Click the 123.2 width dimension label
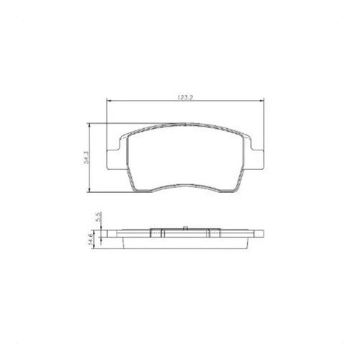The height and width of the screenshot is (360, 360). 185,97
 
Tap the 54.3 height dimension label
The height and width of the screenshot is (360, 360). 86,157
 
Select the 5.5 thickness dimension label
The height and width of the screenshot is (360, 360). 99,217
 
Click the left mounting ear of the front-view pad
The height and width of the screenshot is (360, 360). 113,159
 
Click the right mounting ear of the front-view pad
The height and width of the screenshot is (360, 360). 257,159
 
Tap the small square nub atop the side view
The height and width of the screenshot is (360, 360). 185,228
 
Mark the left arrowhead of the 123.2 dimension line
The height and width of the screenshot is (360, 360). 108,101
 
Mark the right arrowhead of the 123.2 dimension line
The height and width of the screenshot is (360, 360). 262,101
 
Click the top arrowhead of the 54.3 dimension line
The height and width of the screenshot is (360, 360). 89,125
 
